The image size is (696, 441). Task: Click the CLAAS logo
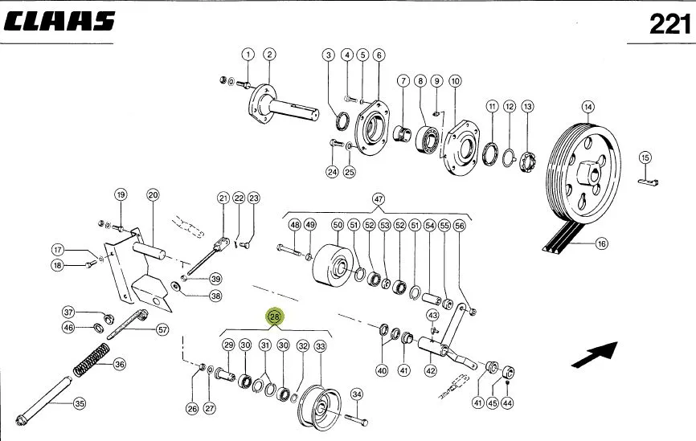[x=59, y=22]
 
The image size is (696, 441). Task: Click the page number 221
[x=669, y=24]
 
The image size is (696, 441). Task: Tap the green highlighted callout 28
[x=275, y=316]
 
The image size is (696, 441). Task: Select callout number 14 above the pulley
[x=588, y=107]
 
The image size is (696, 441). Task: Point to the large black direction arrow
[x=595, y=354]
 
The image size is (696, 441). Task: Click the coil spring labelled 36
[x=91, y=359]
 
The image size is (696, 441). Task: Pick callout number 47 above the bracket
[x=379, y=199]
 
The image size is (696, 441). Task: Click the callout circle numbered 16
[x=601, y=243]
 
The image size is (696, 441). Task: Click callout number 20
[x=153, y=194]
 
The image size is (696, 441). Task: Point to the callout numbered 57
[x=163, y=329]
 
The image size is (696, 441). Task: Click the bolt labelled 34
[x=355, y=419]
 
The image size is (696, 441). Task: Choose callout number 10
[x=455, y=81]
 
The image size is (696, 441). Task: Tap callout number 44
[x=507, y=403]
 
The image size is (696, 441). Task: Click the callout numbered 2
[x=269, y=55]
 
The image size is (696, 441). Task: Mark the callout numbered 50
[x=338, y=225]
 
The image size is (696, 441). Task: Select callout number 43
[x=432, y=315]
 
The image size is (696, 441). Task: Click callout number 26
[x=192, y=409]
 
